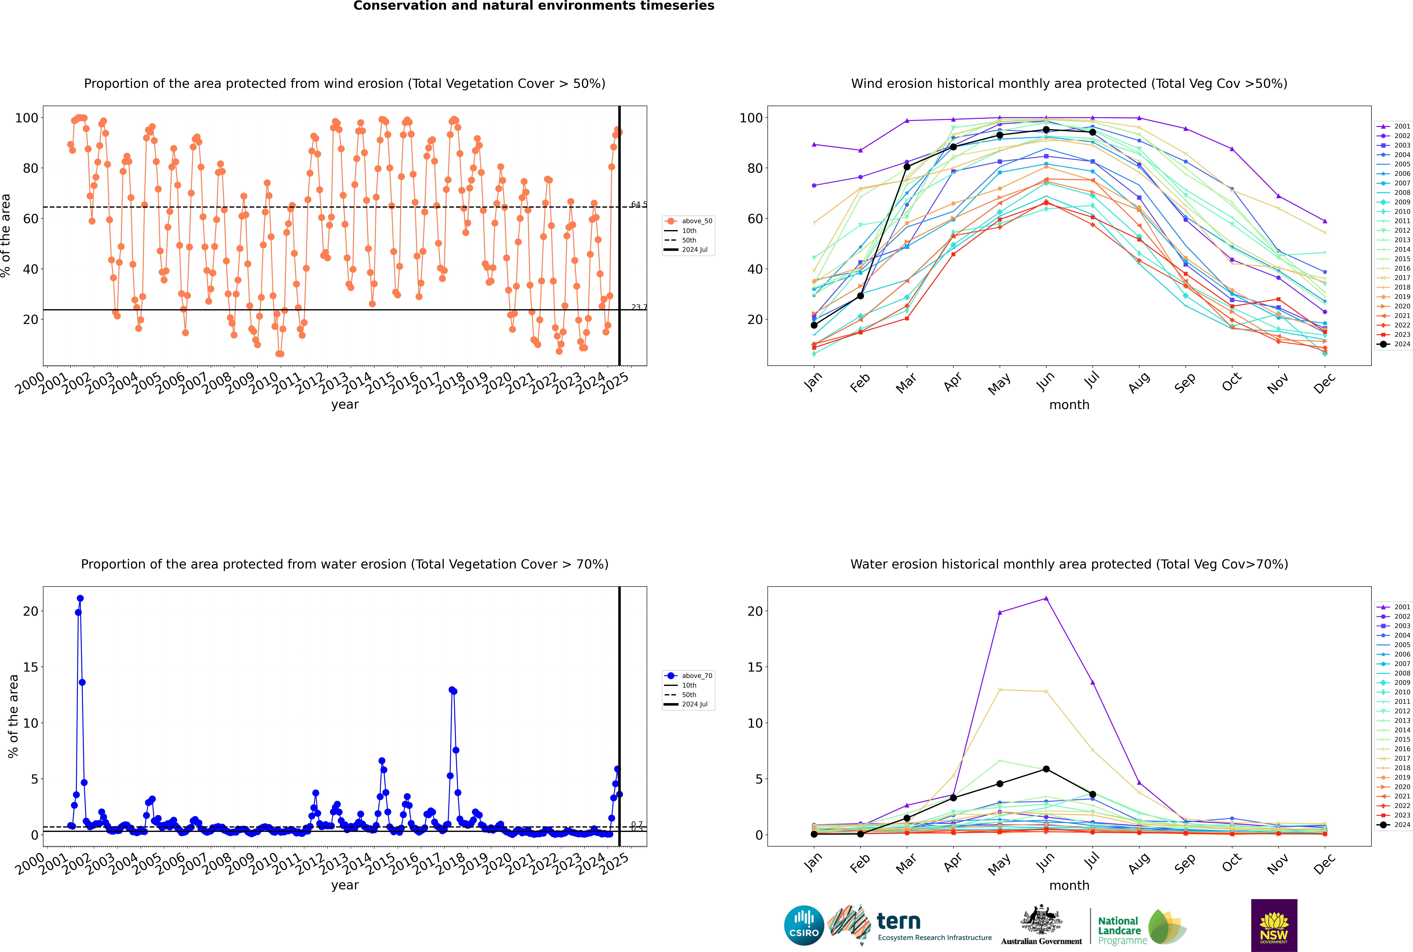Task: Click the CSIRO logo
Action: click(804, 925)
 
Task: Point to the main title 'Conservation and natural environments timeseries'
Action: click(533, 6)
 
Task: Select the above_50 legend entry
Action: click(688, 221)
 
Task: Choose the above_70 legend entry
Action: click(688, 676)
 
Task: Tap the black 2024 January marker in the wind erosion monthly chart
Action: click(814, 325)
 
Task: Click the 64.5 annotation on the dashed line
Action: click(638, 205)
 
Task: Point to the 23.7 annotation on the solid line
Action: click(638, 307)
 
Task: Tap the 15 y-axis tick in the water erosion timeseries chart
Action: click(30, 667)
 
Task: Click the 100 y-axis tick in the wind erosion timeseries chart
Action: click(27, 118)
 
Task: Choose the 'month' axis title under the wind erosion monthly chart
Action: click(1069, 405)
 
